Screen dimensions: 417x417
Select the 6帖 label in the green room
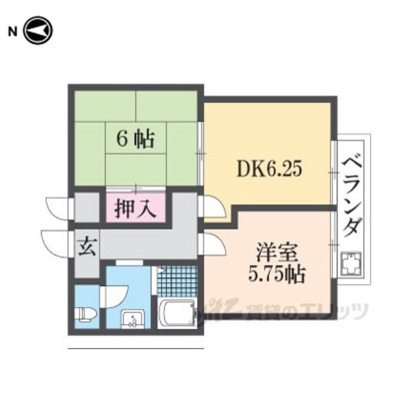point(136,137)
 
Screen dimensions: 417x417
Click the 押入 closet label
point(136,210)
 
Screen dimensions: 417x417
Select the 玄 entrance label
point(86,248)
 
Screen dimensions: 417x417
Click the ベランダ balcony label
point(352,195)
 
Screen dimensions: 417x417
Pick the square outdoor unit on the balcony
point(352,265)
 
